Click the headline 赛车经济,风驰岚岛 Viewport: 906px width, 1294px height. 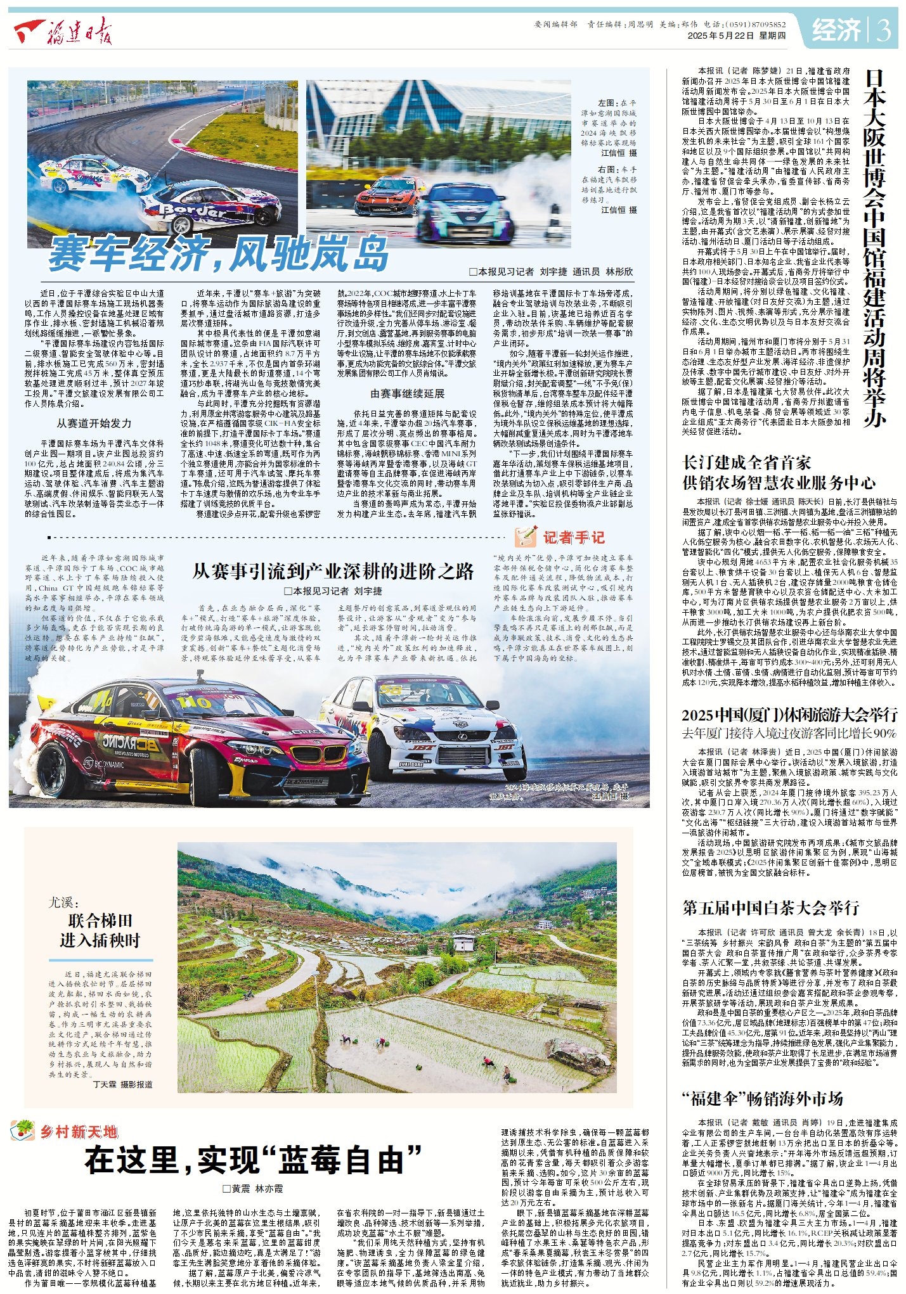[219, 253]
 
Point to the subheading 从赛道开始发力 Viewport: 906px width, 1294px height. [94, 423]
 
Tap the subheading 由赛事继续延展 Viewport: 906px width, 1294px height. [408, 394]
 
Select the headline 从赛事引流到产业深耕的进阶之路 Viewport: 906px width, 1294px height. [333, 572]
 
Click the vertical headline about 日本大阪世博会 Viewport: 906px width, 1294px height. [874, 247]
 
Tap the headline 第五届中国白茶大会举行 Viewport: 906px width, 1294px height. [770, 907]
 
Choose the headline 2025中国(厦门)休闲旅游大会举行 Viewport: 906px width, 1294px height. [789, 715]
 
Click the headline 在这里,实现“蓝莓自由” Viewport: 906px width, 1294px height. [254, 1161]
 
